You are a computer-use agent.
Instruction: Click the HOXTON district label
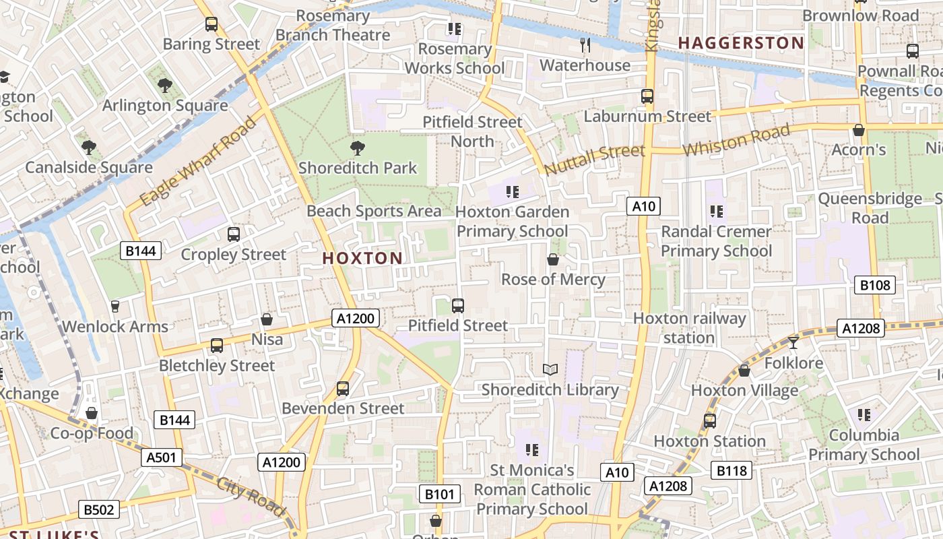pyautogui.click(x=362, y=258)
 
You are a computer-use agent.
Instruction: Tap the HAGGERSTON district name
pyautogui.click(x=741, y=43)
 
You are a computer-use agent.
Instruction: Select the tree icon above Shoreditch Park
pyautogui.click(x=358, y=148)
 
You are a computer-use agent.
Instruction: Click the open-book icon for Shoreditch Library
pyautogui.click(x=550, y=369)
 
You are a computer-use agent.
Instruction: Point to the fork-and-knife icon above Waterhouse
pyautogui.click(x=585, y=45)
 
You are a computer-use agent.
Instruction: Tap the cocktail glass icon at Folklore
pyautogui.click(x=793, y=342)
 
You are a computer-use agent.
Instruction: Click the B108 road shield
pyautogui.click(x=875, y=285)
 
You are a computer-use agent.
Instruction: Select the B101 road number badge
pyautogui.click(x=440, y=494)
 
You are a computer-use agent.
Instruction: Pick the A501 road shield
pyautogui.click(x=162, y=457)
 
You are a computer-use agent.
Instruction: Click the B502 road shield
pyautogui.click(x=99, y=509)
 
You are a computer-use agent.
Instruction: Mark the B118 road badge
pyautogui.click(x=731, y=470)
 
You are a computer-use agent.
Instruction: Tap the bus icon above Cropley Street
pyautogui.click(x=234, y=234)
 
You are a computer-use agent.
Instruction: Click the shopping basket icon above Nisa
pyautogui.click(x=267, y=319)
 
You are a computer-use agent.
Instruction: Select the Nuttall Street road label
pyautogui.click(x=594, y=159)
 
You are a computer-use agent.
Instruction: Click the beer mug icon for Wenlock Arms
pyautogui.click(x=115, y=307)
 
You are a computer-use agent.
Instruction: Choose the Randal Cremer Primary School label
pyautogui.click(x=716, y=241)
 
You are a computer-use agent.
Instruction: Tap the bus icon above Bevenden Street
pyautogui.click(x=343, y=389)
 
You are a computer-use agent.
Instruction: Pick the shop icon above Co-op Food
pyautogui.click(x=92, y=413)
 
